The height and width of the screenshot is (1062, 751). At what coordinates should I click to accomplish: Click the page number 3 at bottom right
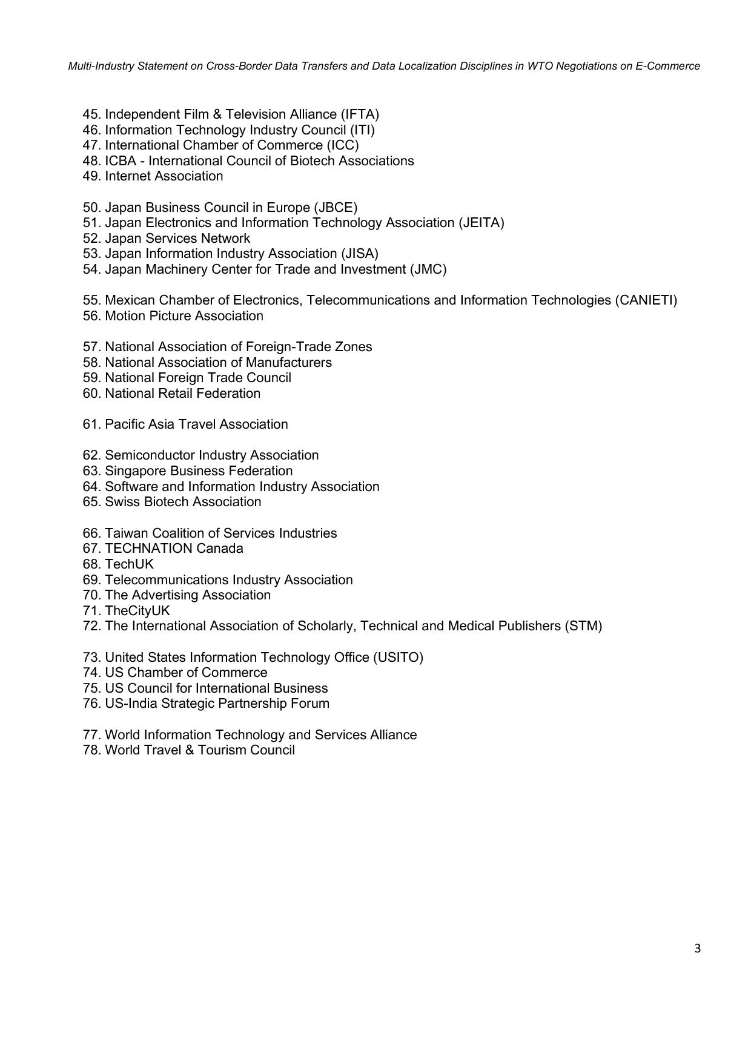click(x=697, y=949)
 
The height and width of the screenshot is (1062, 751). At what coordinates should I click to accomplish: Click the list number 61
click(x=91, y=424)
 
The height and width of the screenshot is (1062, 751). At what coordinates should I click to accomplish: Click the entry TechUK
click(x=129, y=564)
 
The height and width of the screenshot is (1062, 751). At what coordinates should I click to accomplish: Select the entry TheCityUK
click(x=137, y=611)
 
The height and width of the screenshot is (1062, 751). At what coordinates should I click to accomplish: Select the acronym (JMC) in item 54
click(x=428, y=269)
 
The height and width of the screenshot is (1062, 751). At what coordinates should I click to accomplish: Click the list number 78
click(x=91, y=750)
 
